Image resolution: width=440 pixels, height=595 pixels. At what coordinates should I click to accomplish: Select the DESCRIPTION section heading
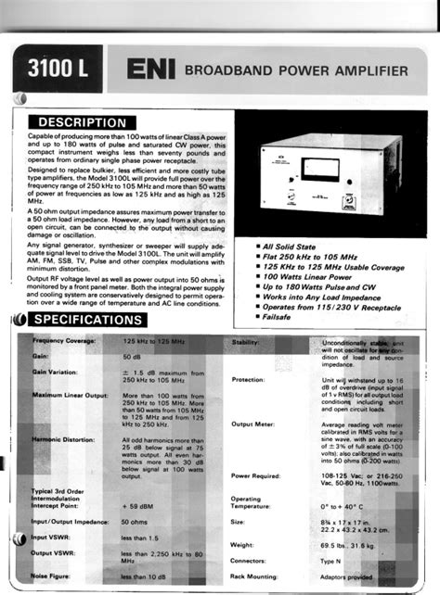(82, 122)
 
